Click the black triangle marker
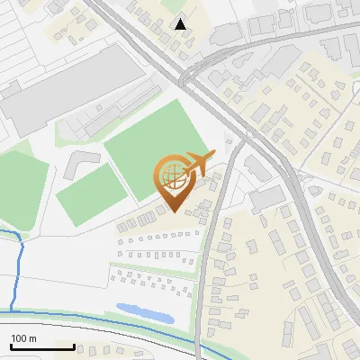coord(182,24)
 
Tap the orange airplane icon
coord(197,165)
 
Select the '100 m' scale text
coord(23,338)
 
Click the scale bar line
coord(42,346)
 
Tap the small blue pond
coord(145,312)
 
